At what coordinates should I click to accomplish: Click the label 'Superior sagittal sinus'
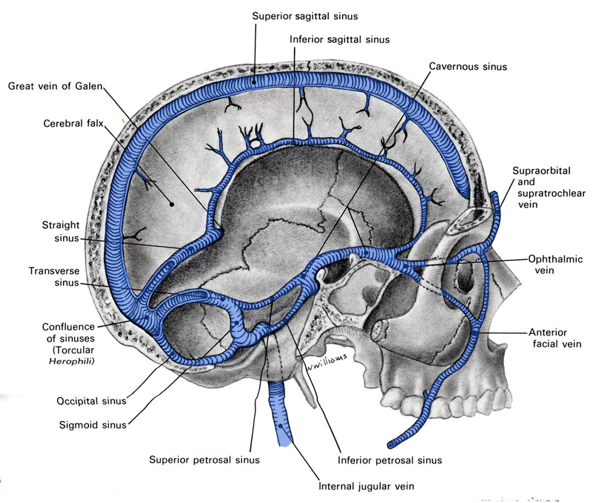point(305,16)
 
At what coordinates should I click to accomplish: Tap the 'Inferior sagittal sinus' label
point(339,39)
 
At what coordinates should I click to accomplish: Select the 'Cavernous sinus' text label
point(468,66)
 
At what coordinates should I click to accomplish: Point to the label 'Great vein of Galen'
point(55,86)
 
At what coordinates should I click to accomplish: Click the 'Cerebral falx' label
point(73,123)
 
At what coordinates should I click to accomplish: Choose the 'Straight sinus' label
point(60,231)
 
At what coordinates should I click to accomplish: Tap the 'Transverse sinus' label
point(54,277)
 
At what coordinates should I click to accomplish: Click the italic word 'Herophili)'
point(71,361)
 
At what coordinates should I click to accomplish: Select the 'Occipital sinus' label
point(91,401)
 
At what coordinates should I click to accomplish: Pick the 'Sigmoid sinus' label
point(93,425)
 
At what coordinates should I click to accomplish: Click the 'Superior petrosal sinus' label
point(204,460)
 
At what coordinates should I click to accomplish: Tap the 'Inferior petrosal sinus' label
point(390,460)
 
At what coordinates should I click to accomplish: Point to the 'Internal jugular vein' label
point(366,486)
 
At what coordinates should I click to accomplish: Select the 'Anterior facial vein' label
point(555,338)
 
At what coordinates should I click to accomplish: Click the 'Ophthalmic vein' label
point(555,265)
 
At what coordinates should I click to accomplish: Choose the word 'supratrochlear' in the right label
point(552,193)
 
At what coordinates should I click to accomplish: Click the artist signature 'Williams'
point(326,362)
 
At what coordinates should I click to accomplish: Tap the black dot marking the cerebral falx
point(171,204)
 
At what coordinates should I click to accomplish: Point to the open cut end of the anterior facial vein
point(391,445)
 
